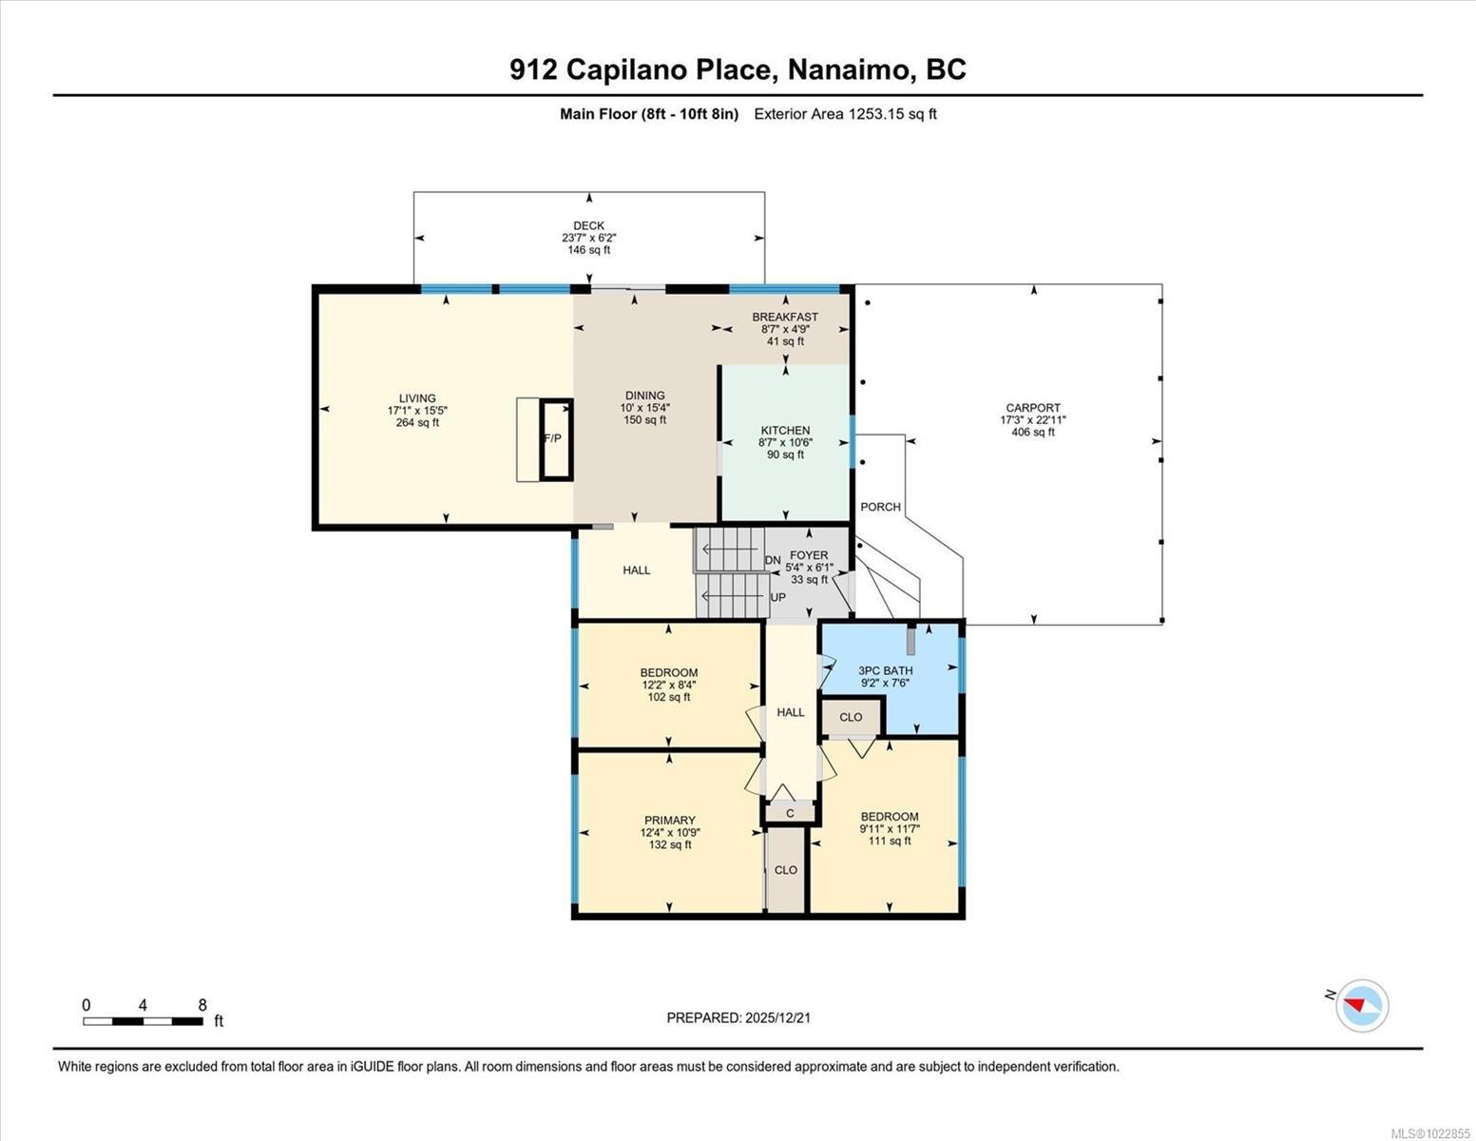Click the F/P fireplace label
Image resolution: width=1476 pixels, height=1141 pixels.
551,439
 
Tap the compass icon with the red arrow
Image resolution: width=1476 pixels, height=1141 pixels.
1362,1005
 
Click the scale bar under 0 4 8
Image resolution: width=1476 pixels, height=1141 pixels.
143,1022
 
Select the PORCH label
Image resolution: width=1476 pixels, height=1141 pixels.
880,507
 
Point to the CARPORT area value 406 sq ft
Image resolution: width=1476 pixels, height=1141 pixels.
1033,433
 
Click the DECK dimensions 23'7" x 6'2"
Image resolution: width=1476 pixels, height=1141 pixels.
589,239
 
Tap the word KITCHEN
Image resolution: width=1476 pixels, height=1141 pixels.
785,431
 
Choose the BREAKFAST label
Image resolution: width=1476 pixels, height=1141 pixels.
785,317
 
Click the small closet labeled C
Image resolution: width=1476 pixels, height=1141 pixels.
790,814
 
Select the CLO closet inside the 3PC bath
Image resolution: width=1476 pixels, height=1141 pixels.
851,717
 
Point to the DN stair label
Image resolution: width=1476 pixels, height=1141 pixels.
773,560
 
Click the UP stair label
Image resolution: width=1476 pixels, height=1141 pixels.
777,598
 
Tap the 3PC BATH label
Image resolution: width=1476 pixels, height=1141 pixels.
885,670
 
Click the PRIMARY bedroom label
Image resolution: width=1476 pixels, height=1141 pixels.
670,821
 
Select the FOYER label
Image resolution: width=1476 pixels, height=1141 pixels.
809,555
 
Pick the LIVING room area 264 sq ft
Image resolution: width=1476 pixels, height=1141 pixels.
417,423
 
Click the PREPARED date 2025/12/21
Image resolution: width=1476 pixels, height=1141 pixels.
776,1017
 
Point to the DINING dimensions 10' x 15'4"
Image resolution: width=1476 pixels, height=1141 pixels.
645,408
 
